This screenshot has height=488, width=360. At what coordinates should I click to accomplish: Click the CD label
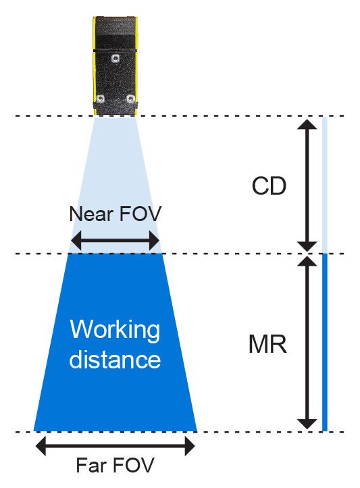point(269,186)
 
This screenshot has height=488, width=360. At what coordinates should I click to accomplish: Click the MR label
point(267,344)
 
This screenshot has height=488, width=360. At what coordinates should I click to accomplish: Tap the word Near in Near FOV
point(91,214)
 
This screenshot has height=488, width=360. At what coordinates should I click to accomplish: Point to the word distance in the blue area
point(115,359)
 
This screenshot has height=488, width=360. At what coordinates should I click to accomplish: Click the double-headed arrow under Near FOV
point(115,241)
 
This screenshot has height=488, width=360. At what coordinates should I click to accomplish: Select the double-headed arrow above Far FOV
point(115,446)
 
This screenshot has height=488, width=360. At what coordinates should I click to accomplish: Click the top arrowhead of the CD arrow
point(307,124)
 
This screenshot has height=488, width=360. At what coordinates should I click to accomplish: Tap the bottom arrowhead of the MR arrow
point(307,424)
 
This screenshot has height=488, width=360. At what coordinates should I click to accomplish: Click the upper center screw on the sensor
point(115,58)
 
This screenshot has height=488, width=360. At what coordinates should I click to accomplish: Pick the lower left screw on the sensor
point(101,99)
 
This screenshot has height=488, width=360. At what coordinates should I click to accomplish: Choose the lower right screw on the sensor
point(130,99)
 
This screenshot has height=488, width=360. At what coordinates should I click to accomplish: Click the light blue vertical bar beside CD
point(325,185)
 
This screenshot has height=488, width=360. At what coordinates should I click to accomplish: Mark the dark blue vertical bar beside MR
point(325,343)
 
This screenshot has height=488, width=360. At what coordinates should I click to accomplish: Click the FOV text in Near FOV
point(140,214)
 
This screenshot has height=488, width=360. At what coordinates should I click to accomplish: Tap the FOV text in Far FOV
point(133,465)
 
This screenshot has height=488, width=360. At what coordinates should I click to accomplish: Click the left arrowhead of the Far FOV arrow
point(41,446)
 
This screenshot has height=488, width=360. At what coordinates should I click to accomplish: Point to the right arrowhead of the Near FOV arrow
point(155,241)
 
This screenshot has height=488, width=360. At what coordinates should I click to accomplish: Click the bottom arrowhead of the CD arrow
point(307,247)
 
